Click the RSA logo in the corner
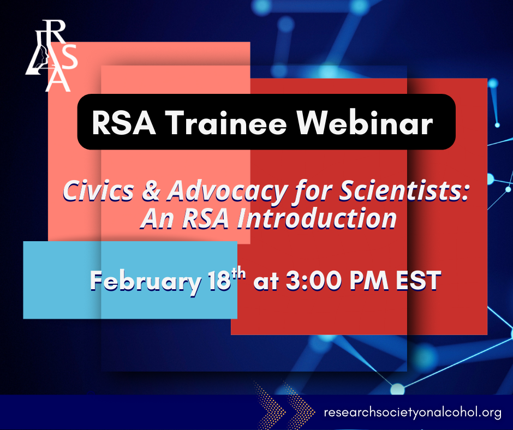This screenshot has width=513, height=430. (52, 56)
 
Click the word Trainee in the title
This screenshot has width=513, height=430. (228, 123)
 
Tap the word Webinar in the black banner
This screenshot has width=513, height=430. (365, 123)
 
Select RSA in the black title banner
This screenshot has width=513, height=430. (124, 123)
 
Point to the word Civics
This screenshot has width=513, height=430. (98, 190)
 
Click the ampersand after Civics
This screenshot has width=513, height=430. (151, 191)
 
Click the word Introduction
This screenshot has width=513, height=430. (317, 218)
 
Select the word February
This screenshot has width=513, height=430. (146, 282)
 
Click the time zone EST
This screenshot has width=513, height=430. (419, 280)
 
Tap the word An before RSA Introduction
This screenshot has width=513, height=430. (157, 219)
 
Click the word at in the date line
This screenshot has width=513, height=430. (266, 282)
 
